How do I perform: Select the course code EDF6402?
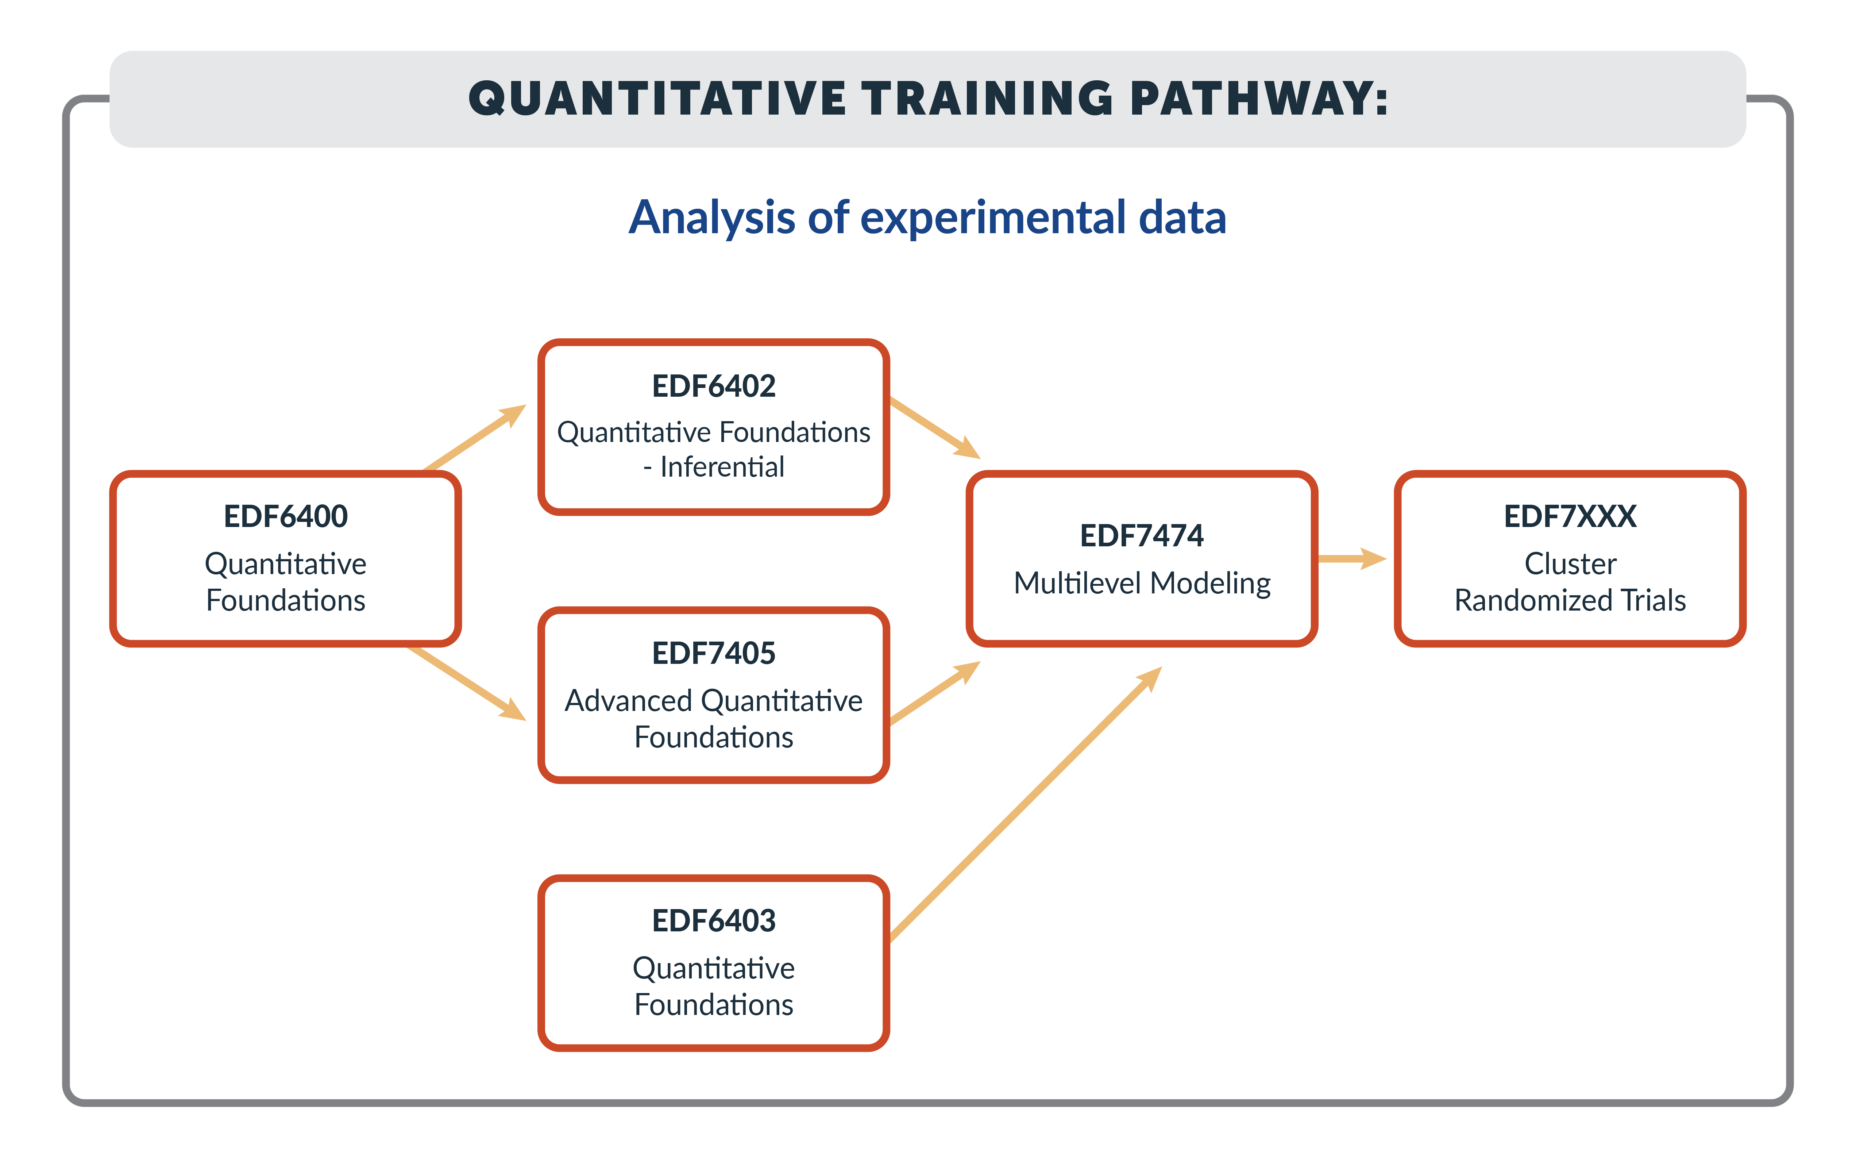714,386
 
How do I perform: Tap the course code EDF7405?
714,653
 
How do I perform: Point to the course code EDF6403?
714,920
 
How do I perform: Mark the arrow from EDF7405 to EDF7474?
935,692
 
